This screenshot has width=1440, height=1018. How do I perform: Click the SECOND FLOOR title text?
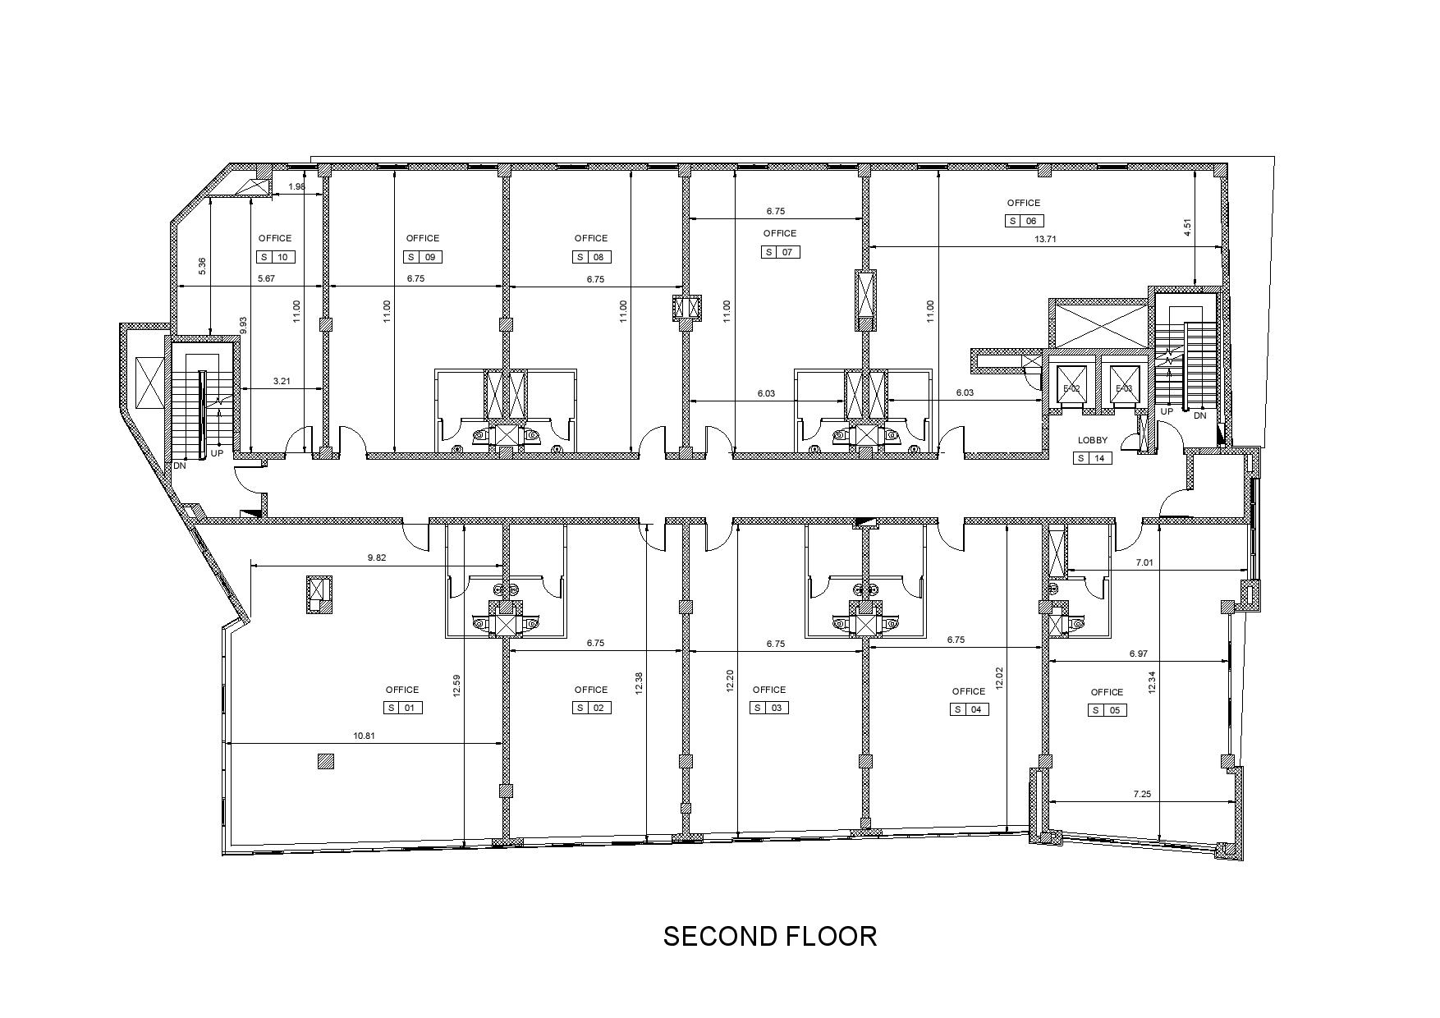pyautogui.click(x=770, y=936)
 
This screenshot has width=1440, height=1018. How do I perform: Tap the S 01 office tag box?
pyautogui.click(x=403, y=708)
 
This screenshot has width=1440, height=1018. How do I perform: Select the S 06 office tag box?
pyautogui.click(x=1025, y=221)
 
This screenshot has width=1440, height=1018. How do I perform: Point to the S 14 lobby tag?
pyautogui.click(x=1093, y=458)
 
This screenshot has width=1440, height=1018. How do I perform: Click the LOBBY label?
pyautogui.click(x=1093, y=440)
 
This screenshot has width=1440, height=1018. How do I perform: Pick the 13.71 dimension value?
pyautogui.click(x=1045, y=239)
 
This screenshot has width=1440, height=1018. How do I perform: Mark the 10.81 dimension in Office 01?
pyautogui.click(x=364, y=736)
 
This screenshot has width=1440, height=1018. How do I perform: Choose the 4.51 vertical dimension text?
pyautogui.click(x=1187, y=227)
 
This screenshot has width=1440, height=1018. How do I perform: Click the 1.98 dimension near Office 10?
pyautogui.click(x=296, y=186)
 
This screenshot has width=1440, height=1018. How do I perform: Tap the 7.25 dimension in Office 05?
pyautogui.click(x=1142, y=794)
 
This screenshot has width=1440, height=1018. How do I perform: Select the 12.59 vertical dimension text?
pyautogui.click(x=456, y=686)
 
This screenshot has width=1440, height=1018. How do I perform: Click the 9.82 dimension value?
pyautogui.click(x=377, y=558)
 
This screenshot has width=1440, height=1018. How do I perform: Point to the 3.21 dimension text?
pyautogui.click(x=282, y=381)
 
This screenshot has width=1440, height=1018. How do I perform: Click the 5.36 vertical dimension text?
pyautogui.click(x=202, y=267)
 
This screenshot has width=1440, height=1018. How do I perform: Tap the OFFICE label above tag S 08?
pyautogui.click(x=591, y=238)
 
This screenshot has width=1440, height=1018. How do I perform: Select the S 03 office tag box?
pyautogui.click(x=770, y=708)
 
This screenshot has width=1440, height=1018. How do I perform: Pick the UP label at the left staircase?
pyautogui.click(x=217, y=453)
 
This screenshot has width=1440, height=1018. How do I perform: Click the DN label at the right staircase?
pyautogui.click(x=1200, y=415)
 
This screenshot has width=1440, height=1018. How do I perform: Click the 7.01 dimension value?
pyautogui.click(x=1144, y=563)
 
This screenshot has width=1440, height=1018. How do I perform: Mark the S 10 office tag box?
pyautogui.click(x=276, y=257)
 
